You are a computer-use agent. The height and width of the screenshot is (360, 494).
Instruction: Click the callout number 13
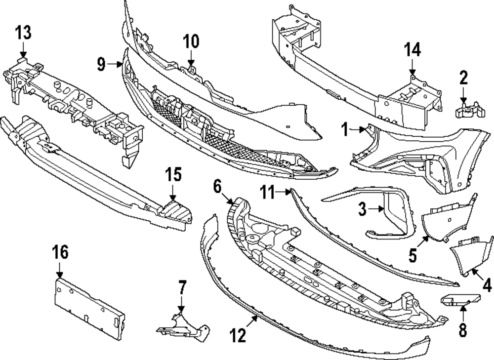coord(23,33)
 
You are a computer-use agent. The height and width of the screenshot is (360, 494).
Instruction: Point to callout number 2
coord(463,78)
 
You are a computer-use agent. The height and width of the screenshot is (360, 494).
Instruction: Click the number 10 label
coord(191,41)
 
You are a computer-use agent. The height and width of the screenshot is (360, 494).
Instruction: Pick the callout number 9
coord(101,64)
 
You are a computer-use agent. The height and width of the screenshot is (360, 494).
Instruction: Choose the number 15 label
coord(173,175)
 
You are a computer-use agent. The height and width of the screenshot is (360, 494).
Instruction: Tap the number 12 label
coord(238,336)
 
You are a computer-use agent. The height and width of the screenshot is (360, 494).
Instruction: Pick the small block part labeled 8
coord(459,299)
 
